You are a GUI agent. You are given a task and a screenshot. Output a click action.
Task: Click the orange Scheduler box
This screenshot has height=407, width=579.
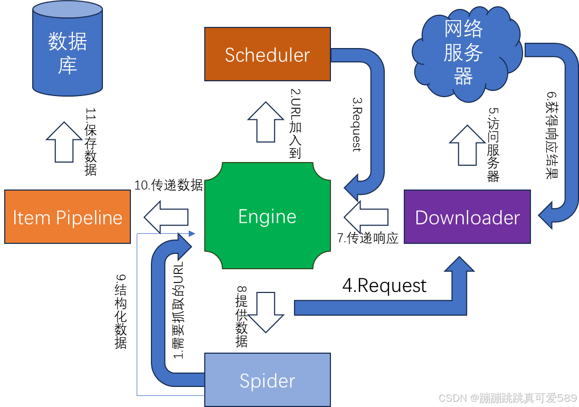point(268,54)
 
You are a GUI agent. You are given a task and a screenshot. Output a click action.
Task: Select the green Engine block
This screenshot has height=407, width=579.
point(268,216)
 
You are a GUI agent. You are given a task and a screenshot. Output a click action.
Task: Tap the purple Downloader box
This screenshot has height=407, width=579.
point(467,217)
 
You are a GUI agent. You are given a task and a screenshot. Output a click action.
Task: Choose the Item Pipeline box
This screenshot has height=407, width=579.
point(68,217)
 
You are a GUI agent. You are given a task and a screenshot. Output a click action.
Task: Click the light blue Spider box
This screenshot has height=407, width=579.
point(268,380)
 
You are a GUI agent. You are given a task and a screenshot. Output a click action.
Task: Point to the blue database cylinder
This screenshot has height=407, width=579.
point(68,50)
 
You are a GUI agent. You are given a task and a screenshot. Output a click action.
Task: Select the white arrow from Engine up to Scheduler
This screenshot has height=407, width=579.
point(266,122)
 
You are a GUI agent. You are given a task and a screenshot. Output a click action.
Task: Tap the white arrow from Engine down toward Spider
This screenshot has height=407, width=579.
point(266,312)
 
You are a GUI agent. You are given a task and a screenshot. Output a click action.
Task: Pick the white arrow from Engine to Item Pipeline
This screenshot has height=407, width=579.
point(166,217)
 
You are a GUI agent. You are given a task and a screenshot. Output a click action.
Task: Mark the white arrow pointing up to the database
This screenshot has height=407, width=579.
point(64,142)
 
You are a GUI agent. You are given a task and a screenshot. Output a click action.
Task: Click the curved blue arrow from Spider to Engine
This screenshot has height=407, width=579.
point(159,317)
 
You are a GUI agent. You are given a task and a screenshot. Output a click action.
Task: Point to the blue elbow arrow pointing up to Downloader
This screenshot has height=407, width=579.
point(380,308)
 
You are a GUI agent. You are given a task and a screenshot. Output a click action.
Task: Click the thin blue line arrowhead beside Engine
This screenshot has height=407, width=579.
point(192,233)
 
